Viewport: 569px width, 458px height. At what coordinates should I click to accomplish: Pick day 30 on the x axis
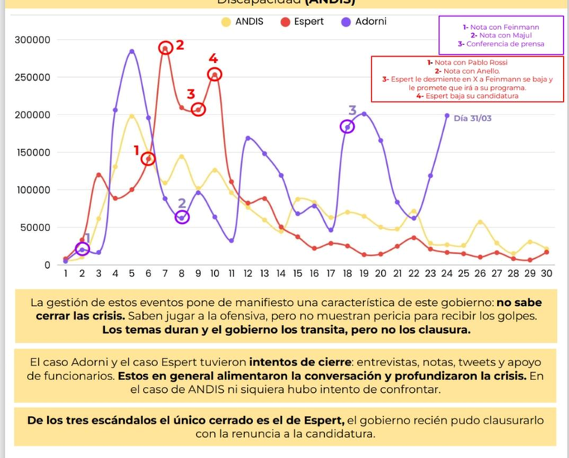pyautogui.click(x=547, y=274)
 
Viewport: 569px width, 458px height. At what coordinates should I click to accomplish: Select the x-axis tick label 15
pyautogui.click(x=298, y=274)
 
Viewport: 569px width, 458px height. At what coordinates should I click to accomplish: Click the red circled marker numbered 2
pyautogui.click(x=165, y=48)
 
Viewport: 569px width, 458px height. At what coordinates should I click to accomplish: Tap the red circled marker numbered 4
pyautogui.click(x=214, y=74)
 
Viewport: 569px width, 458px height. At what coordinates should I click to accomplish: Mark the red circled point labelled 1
pyautogui.click(x=148, y=159)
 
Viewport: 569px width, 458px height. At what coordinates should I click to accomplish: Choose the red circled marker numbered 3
pyautogui.click(x=198, y=109)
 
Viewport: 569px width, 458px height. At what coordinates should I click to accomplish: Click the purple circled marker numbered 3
pyautogui.click(x=347, y=126)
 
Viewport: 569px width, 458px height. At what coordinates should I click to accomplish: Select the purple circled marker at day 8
pyautogui.click(x=182, y=217)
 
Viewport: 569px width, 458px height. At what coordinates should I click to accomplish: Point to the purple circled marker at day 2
pyautogui.click(x=82, y=249)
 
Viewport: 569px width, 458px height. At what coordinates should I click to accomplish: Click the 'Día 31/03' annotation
pyautogui.click(x=473, y=118)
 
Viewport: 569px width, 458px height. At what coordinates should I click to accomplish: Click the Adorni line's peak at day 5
pyautogui.click(x=132, y=52)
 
